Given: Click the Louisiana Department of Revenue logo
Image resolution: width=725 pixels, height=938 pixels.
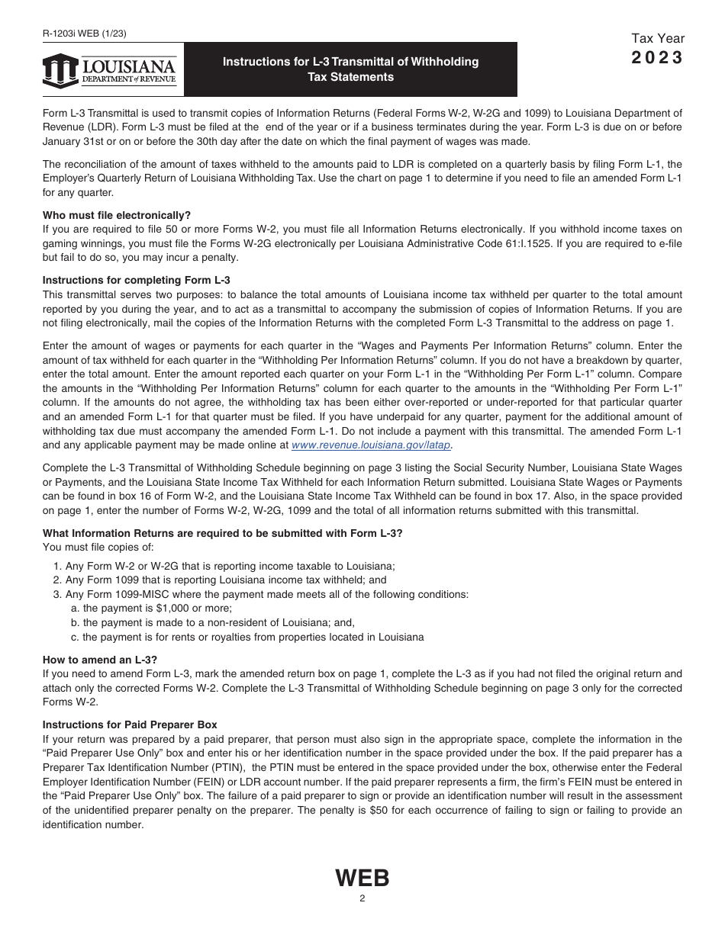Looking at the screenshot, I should coord(110,71).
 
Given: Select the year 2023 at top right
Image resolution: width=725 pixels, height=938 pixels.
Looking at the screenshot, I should coord(657,58).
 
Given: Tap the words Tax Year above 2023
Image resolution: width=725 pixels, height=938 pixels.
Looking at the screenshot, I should coord(658,39).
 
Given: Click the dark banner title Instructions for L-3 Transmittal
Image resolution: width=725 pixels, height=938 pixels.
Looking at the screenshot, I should coord(350,69).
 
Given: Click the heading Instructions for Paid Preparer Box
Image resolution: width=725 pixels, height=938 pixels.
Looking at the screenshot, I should coord(130,725).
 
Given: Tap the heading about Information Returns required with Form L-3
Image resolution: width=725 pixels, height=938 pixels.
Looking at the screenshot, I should coord(222,533).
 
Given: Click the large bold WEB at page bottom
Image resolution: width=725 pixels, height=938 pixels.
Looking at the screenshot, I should coord(362,879).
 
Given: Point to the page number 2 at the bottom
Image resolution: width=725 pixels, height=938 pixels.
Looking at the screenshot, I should coord(362,898).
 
